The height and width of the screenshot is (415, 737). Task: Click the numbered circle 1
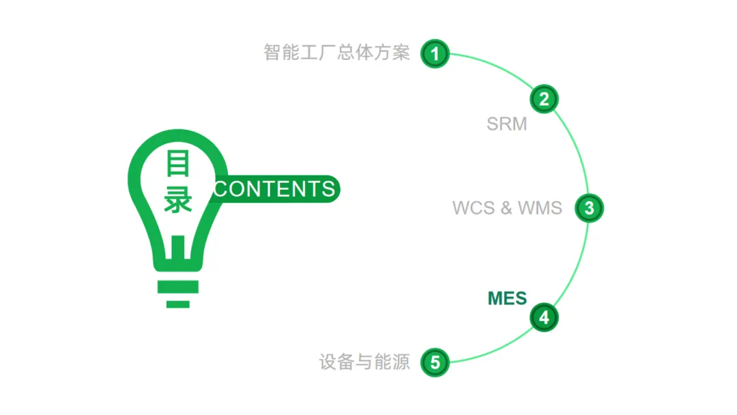[x=435, y=53]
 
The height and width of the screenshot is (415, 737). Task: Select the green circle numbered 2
[x=544, y=100]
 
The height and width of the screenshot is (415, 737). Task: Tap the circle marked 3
[x=589, y=207]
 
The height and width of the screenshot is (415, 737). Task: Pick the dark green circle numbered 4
[x=544, y=317]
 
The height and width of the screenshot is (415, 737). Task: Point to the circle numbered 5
[x=435, y=362]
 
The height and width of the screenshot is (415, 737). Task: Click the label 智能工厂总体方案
[x=336, y=53]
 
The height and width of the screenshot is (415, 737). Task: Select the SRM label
[x=506, y=124]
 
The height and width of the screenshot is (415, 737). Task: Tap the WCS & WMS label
[x=507, y=207]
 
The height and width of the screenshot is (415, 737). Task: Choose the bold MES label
[x=507, y=298]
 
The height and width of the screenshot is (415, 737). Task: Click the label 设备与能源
[x=364, y=362]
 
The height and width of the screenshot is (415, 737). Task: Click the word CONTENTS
[x=274, y=188]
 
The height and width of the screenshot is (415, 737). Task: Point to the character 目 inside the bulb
[x=177, y=164]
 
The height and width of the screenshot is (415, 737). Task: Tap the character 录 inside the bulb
[x=177, y=201]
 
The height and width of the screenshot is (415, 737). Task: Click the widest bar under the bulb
[x=178, y=287]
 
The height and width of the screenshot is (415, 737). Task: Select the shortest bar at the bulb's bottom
[x=178, y=303]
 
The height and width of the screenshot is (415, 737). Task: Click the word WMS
[x=540, y=207]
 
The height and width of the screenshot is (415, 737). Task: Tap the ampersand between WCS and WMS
[x=506, y=207]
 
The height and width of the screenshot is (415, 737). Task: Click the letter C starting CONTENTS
[x=220, y=189]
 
